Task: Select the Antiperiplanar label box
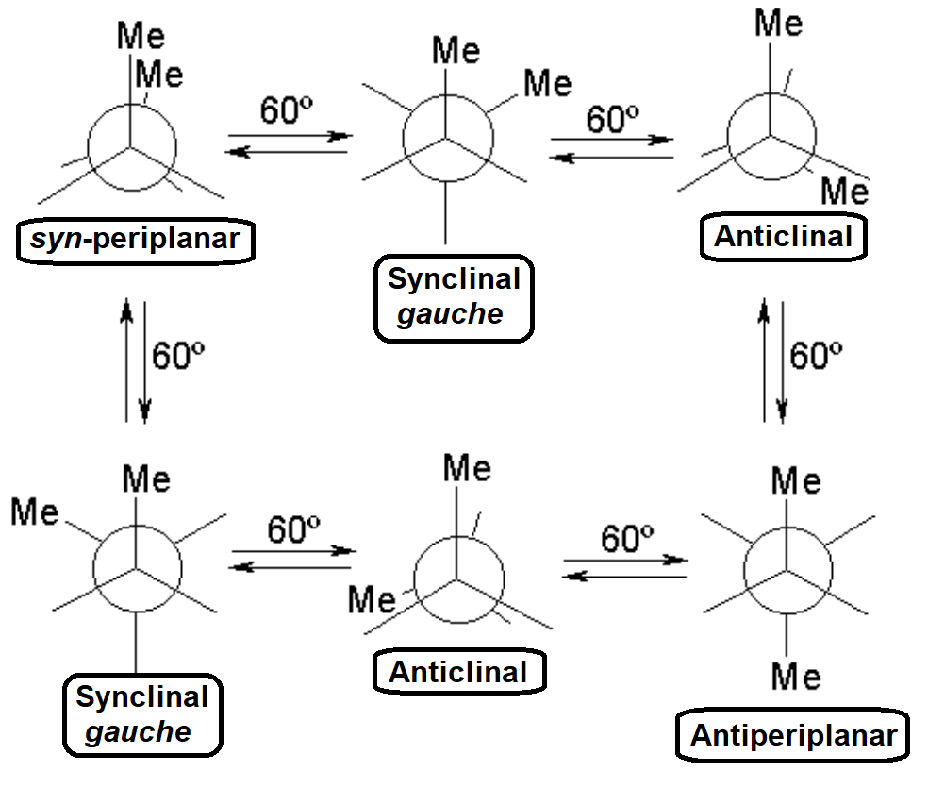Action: pyautogui.click(x=792, y=736)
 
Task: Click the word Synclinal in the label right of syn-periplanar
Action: pyautogui.click(x=454, y=279)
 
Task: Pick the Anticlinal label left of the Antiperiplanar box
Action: pyautogui.click(x=457, y=672)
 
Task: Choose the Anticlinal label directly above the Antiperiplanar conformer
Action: pyautogui.click(x=783, y=236)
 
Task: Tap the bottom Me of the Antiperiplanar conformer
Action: pyautogui.click(x=795, y=676)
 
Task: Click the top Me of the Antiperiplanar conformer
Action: pyautogui.click(x=795, y=482)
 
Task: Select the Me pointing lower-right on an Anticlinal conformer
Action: pyautogui.click(x=843, y=192)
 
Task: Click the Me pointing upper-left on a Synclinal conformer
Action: pyautogui.click(x=35, y=513)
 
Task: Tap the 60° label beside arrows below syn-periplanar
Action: pyautogui.click(x=178, y=357)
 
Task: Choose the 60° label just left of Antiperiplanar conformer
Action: pyautogui.click(x=627, y=540)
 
